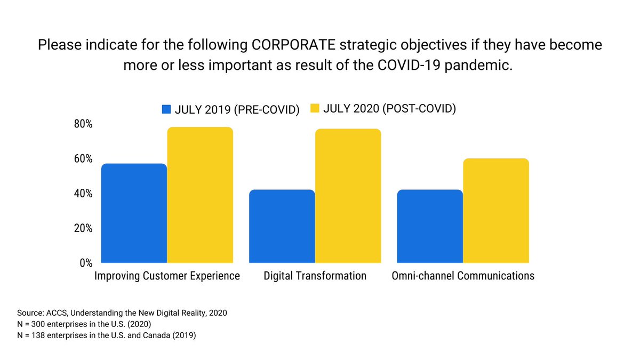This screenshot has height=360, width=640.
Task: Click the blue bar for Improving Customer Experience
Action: (x=134, y=213)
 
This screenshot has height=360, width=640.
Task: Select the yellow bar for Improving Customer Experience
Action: (x=200, y=195)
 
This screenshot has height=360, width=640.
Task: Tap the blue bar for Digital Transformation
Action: (x=282, y=226)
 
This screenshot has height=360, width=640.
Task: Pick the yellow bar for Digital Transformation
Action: (x=348, y=196)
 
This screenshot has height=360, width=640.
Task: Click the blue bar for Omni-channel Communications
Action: (x=430, y=226)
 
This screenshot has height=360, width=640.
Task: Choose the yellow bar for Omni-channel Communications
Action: (x=495, y=211)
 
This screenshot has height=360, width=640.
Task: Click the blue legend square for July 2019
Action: (x=167, y=109)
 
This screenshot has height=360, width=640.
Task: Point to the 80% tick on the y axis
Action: (x=83, y=124)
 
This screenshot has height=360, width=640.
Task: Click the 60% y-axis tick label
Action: (x=83, y=158)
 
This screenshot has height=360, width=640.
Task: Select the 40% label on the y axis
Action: (x=83, y=193)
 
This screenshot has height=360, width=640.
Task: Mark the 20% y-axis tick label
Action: (x=83, y=228)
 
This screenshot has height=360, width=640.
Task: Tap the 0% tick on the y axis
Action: (x=85, y=262)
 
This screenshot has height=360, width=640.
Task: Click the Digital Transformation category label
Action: (x=315, y=276)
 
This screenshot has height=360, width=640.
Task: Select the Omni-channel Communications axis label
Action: (x=463, y=276)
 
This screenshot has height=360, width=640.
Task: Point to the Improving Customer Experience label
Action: (x=167, y=276)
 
